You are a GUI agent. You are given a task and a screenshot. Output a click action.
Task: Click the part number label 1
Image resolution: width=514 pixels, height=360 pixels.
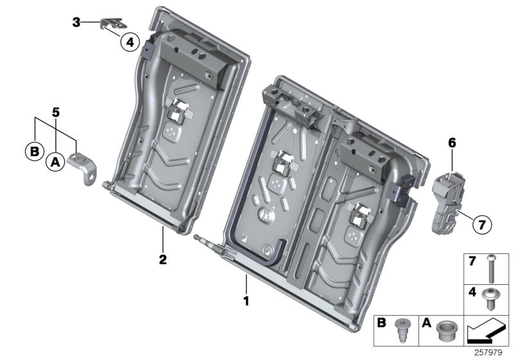[x=245, y=300]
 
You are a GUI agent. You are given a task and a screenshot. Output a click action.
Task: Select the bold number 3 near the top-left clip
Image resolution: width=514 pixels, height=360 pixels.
[x=76, y=22]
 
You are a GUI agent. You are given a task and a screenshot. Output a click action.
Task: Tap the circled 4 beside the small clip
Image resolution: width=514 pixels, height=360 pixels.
[x=129, y=42]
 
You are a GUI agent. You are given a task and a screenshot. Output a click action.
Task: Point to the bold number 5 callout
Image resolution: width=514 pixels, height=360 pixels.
[x=56, y=112]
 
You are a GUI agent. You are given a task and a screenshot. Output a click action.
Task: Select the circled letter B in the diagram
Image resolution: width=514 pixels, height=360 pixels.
[x=32, y=152]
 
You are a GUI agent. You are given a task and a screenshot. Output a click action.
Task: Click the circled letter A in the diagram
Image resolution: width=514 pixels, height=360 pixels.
[x=55, y=163]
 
